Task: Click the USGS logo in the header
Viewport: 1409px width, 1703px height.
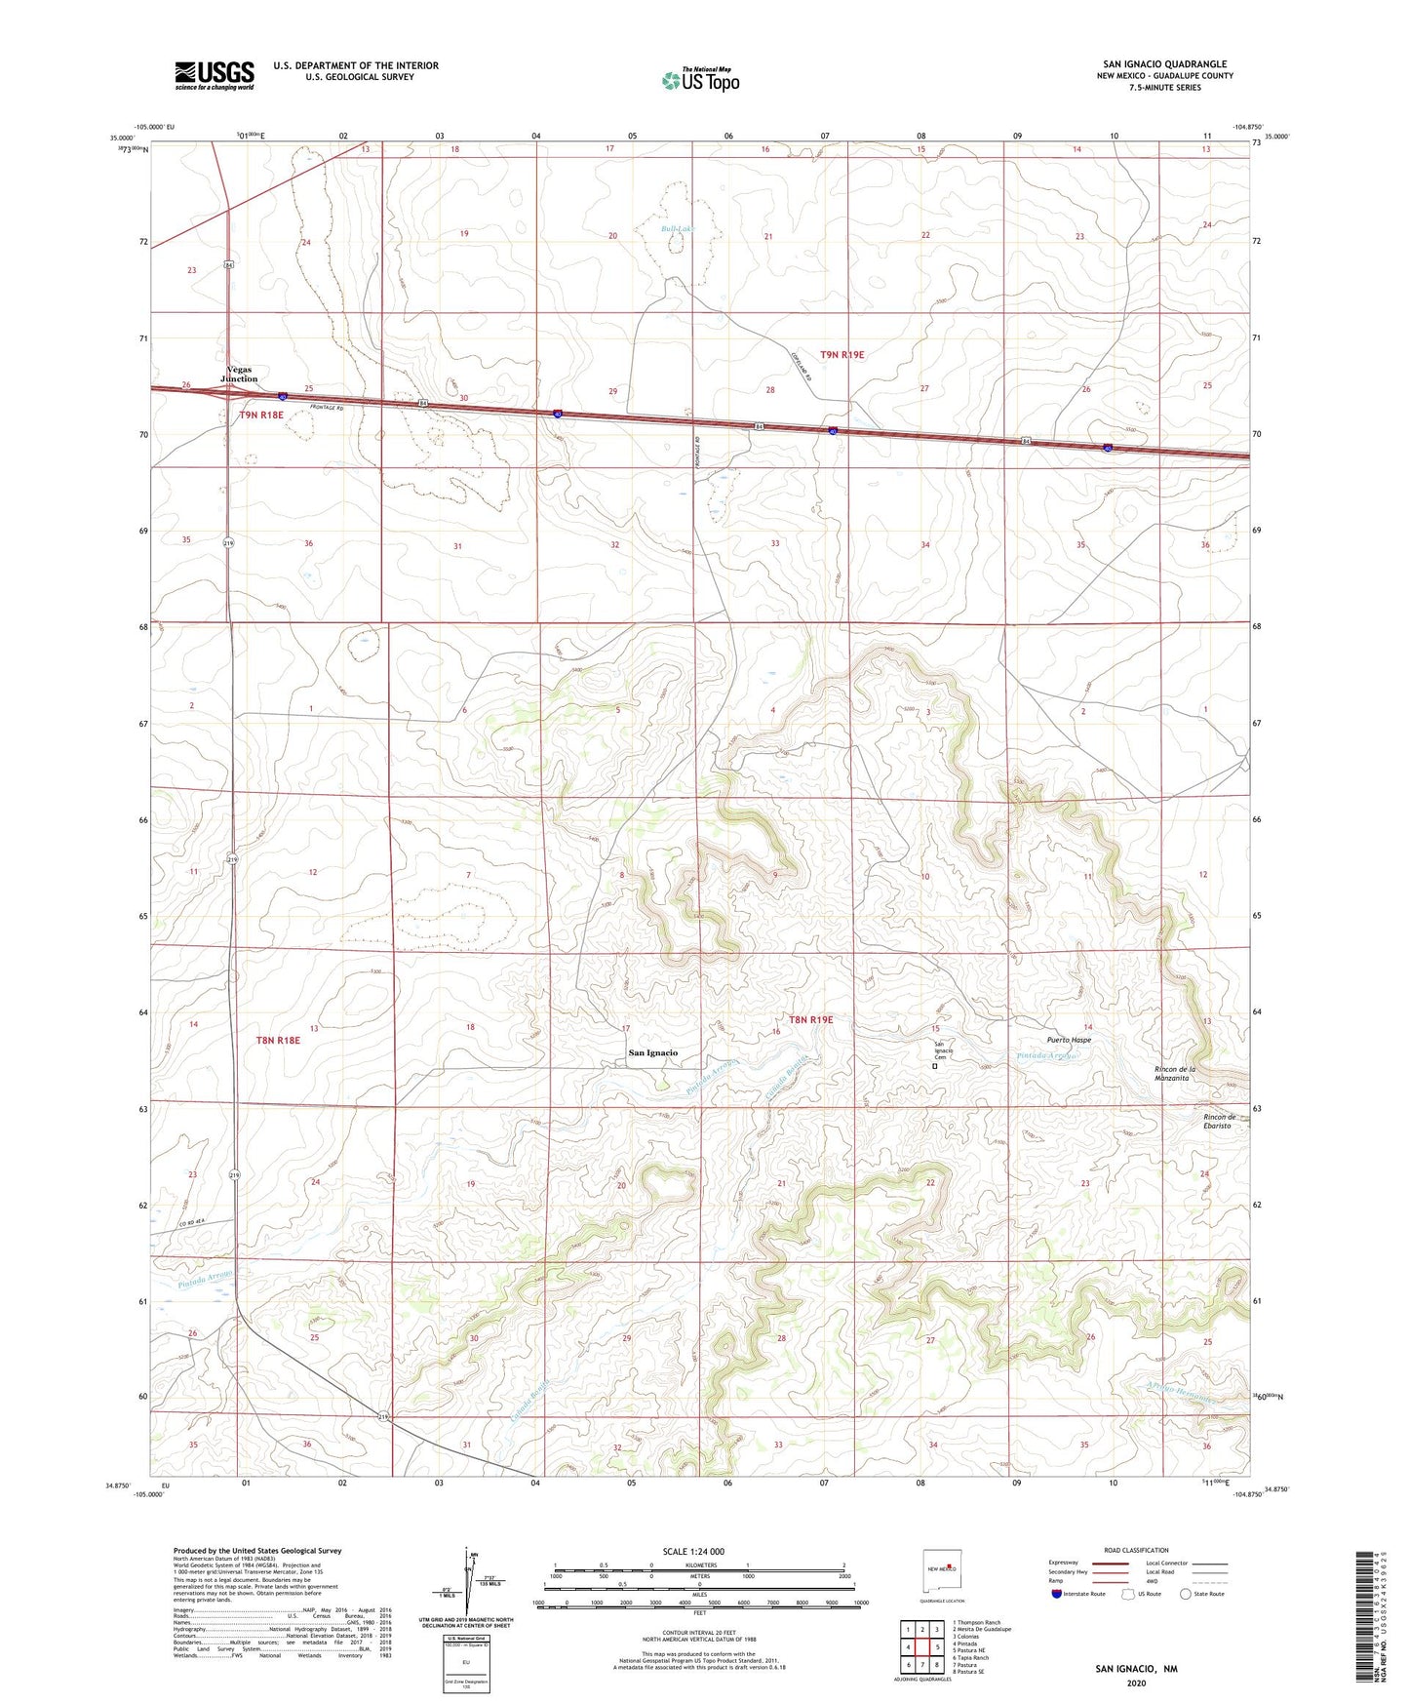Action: click(x=215, y=75)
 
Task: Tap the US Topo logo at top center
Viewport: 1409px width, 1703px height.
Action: click(x=700, y=79)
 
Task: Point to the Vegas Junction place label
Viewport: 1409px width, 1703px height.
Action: click(x=239, y=375)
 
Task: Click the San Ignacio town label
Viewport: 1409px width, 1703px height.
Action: click(x=652, y=1052)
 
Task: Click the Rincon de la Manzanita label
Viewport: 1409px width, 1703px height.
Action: click(x=1174, y=1074)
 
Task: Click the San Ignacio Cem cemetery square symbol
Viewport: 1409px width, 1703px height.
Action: click(x=934, y=1067)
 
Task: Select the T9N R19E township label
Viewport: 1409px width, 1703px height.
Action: click(x=841, y=355)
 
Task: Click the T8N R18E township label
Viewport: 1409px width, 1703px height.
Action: click(x=278, y=1041)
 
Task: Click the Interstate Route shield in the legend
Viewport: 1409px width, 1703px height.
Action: click(x=1058, y=1595)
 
